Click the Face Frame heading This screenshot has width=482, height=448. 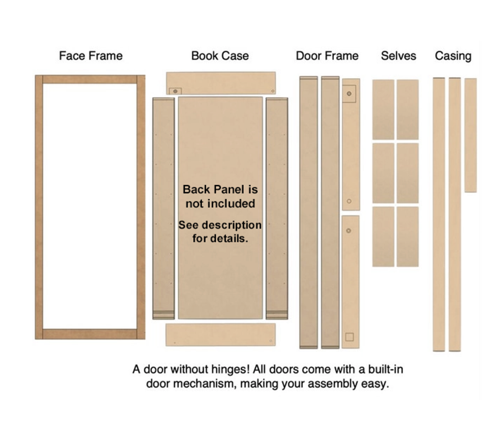click(91, 56)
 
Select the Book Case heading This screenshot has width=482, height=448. click(220, 56)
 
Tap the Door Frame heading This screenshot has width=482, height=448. click(327, 56)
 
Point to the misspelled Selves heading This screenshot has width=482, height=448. click(399, 56)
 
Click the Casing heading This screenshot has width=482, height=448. click(453, 56)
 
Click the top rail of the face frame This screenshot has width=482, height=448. click(90, 79)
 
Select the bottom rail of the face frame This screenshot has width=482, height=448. click(90, 334)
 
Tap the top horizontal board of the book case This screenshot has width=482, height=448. click(221, 83)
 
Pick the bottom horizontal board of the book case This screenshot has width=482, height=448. click(221, 335)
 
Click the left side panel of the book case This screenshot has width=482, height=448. click(163, 208)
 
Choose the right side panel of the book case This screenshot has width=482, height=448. click(277, 208)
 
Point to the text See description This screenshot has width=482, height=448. click(220, 225)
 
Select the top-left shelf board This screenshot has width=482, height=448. click(383, 109)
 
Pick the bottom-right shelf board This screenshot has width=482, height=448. click(408, 236)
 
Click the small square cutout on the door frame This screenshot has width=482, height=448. click(349, 337)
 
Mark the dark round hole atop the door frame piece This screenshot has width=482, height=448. click(349, 93)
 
